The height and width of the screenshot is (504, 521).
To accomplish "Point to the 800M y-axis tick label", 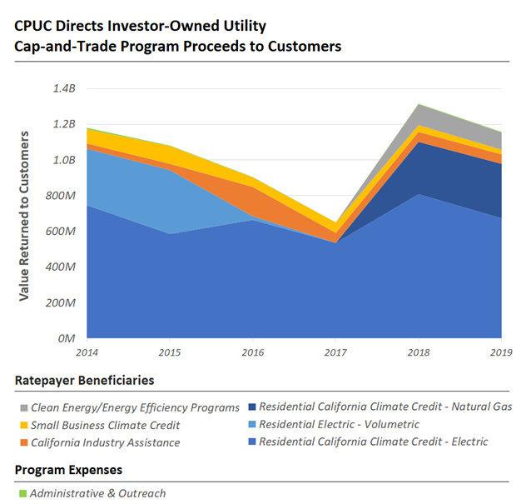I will [x=62, y=196].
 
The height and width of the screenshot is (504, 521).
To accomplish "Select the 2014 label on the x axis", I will [x=87, y=353].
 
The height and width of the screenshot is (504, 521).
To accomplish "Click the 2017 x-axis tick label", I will [x=335, y=353].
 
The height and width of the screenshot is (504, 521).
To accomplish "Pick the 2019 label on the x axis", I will [x=500, y=353].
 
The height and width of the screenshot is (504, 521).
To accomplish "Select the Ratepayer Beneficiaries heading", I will [x=84, y=380].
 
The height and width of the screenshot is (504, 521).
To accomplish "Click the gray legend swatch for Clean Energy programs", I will [x=22, y=407].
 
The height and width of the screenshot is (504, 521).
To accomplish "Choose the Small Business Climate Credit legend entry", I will [x=104, y=425].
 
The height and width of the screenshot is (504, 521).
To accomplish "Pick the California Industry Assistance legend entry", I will [x=104, y=442].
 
